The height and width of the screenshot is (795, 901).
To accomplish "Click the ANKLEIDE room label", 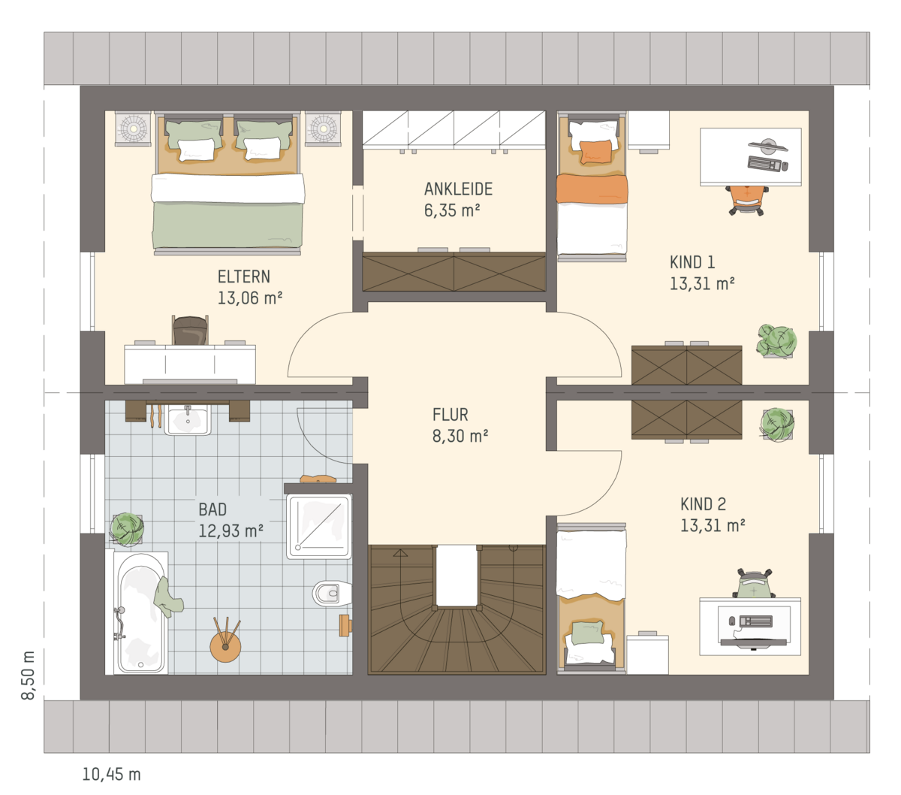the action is (x=458, y=189).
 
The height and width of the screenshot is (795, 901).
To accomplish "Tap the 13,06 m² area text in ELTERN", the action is (x=250, y=298).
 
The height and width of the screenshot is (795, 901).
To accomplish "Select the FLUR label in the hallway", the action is (x=450, y=415).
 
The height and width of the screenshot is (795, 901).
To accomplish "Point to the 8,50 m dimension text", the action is (x=28, y=675).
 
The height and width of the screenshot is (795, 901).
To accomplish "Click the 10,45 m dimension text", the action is (x=112, y=775).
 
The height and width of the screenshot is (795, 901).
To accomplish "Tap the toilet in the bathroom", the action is (x=331, y=593).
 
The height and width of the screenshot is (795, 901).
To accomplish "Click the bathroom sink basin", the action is (x=187, y=420).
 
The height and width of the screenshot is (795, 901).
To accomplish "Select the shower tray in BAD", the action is (x=318, y=527).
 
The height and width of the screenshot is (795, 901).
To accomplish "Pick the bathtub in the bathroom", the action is (x=140, y=612).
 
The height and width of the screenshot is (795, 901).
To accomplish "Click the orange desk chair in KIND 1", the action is (x=747, y=201).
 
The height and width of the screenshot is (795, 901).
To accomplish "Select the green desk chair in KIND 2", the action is (x=754, y=584).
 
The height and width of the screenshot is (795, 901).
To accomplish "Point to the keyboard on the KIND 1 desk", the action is (x=764, y=163).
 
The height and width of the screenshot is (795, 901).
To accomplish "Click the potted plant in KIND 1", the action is (x=776, y=341).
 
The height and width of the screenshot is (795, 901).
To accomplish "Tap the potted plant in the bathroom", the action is (x=127, y=529).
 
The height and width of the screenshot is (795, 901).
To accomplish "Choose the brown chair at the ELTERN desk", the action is (x=191, y=331).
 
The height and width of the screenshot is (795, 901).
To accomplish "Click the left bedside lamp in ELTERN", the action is (x=132, y=129).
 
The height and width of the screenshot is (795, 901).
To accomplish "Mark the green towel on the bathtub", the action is (x=168, y=597).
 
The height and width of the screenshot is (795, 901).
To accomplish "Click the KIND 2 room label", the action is (x=703, y=504).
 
